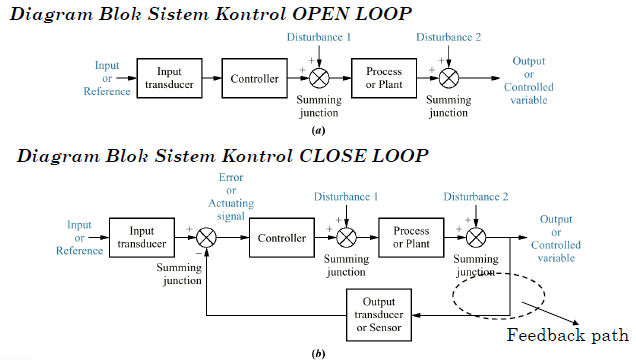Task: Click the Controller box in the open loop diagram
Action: click(x=255, y=78)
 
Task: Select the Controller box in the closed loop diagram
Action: click(x=281, y=239)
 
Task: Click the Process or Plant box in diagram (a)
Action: click(x=383, y=78)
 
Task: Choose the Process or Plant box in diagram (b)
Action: click(x=411, y=238)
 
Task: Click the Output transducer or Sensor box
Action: click(x=379, y=314)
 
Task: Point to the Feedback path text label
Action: click(x=567, y=335)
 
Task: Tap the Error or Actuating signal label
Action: click(x=231, y=194)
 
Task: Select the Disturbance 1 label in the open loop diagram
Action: click(x=320, y=38)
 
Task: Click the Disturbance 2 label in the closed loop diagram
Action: click(x=476, y=196)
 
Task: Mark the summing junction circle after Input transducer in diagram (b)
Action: click(x=207, y=239)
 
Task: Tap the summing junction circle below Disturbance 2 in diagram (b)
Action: click(x=477, y=239)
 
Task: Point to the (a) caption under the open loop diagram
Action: click(x=318, y=130)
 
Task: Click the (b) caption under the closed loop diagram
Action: click(x=318, y=352)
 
